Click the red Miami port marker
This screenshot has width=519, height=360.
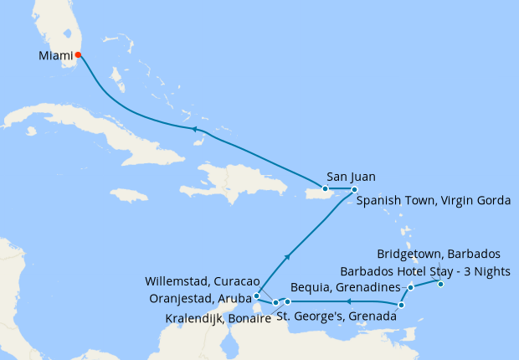[x=78, y=55]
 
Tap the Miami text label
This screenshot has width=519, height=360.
[x=55, y=56]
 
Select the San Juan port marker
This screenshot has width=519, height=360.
[x=326, y=188]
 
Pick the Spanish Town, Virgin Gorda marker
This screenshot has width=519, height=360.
[x=355, y=189]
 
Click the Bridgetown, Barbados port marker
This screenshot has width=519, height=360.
[x=440, y=285]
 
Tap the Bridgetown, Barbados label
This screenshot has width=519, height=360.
[x=438, y=253]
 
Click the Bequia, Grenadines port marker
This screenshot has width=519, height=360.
[x=411, y=288]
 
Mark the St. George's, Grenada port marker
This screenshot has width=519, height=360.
[x=402, y=305]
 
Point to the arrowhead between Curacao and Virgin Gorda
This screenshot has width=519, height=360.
[x=288, y=257]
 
